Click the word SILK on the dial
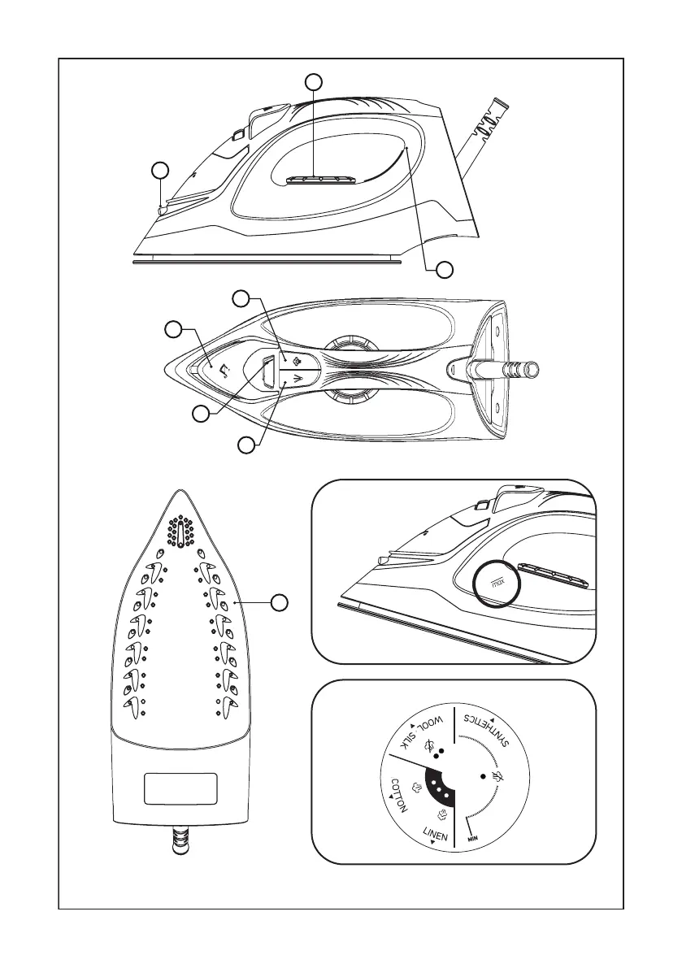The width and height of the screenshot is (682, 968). (x=407, y=740)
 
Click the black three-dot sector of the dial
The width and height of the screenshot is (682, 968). (x=438, y=788)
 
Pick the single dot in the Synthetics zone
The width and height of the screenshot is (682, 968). (x=484, y=776)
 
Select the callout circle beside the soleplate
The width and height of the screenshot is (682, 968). (x=280, y=602)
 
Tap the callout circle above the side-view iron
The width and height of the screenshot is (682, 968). (x=313, y=81)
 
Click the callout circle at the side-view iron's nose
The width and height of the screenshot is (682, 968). (x=160, y=170)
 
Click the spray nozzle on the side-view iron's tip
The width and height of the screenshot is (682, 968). (x=161, y=210)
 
